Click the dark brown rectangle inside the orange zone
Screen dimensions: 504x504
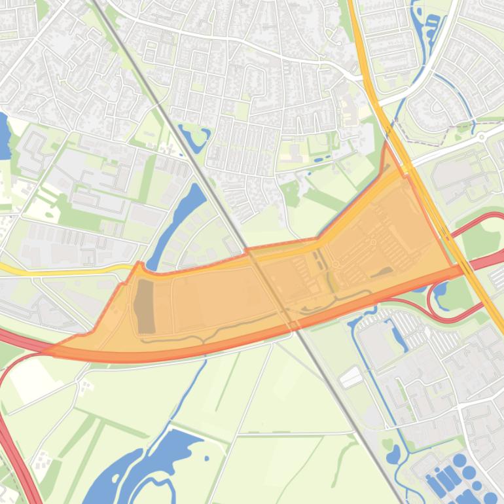(144, 306)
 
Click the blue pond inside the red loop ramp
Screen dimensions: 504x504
(439, 289)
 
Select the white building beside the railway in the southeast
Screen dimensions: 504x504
(351, 377)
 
